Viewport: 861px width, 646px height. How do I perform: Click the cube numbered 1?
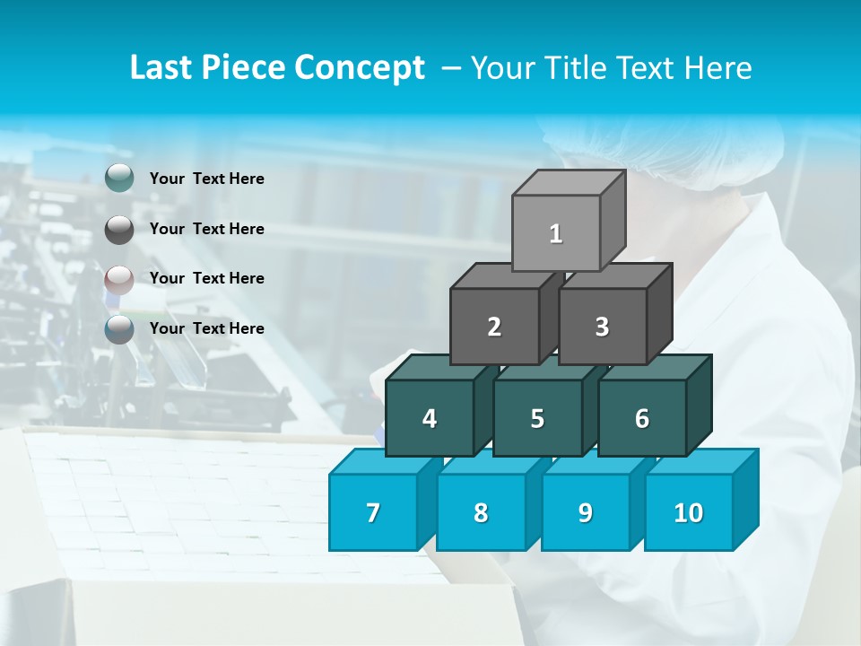[x=556, y=233]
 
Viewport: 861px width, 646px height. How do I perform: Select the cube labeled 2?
[x=494, y=327]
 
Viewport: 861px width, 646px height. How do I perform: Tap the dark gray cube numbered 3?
[x=602, y=327]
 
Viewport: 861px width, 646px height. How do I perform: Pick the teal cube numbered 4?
[x=430, y=418]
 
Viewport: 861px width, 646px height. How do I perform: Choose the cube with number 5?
[x=537, y=418]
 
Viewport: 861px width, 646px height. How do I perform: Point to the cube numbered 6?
[x=642, y=418]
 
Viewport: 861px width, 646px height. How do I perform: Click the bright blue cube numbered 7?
[x=373, y=512]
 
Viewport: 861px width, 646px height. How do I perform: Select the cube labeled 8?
[x=481, y=512]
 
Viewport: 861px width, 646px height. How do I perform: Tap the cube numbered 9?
[x=585, y=512]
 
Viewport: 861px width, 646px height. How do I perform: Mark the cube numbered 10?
[x=688, y=512]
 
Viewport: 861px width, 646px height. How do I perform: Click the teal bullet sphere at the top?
[x=119, y=179]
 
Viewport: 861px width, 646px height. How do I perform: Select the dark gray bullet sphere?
[x=119, y=229]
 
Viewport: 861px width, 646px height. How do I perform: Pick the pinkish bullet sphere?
[x=119, y=279]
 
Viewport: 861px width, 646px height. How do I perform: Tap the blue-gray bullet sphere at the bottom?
[x=119, y=329]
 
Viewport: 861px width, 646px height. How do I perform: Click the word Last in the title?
[x=161, y=67]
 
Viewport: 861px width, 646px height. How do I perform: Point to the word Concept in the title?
[x=360, y=67]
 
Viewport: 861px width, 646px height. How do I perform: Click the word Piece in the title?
[x=244, y=67]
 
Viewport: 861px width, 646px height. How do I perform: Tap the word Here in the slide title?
[x=717, y=67]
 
